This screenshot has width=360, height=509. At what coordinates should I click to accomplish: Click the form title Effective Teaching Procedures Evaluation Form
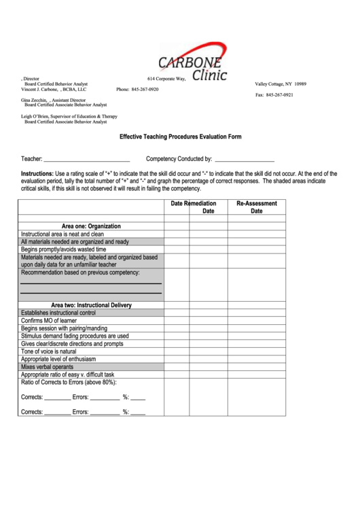[180, 137]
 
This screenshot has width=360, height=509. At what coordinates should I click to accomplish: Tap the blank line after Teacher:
[86, 160]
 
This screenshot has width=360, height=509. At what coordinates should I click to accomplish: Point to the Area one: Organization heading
[91, 226]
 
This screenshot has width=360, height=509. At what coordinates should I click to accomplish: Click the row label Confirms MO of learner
[51, 320]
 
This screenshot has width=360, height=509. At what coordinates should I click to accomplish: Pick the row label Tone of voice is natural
[49, 351]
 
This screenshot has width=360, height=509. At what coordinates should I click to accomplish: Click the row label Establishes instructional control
[58, 313]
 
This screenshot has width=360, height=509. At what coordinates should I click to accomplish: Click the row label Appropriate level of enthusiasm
[59, 359]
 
